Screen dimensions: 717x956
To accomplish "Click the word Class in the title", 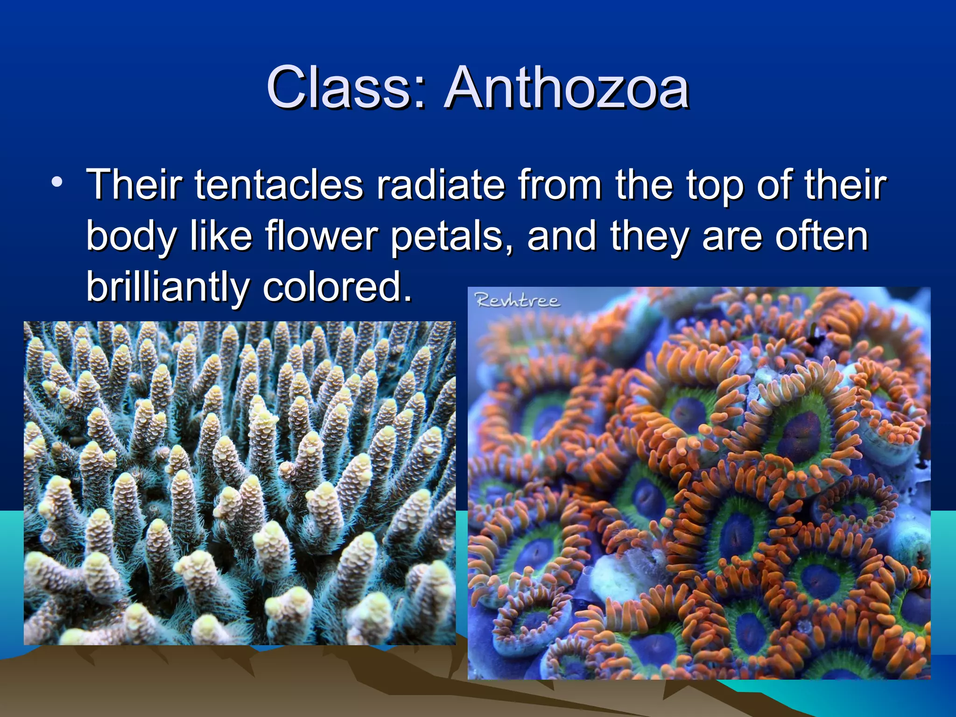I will (339, 88).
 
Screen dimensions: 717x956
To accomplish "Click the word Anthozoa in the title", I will (567, 88).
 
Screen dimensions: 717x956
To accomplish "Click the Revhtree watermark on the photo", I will (517, 300).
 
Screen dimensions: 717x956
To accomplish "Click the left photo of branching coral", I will (239, 483).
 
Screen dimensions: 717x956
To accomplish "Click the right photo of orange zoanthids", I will (699, 483).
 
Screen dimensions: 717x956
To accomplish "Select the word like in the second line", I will (221, 236).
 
